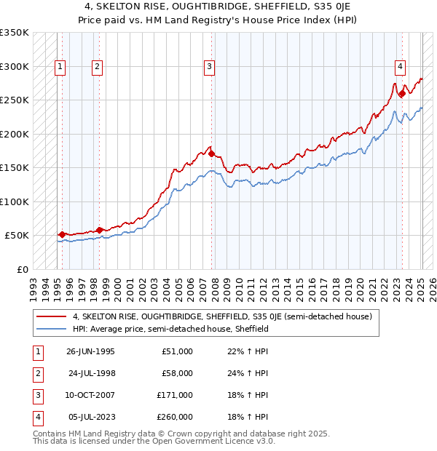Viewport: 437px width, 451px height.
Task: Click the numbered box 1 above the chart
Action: tap(60, 67)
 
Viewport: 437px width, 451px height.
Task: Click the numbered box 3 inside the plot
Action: tap(209, 67)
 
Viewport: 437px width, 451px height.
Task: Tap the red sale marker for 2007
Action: tap(212, 153)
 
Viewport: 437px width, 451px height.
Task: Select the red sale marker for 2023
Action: tap(402, 93)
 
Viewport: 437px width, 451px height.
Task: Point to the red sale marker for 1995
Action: tap(62, 234)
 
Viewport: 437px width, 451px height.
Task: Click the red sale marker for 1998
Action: tap(99, 230)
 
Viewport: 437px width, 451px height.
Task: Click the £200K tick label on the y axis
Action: tap(14, 134)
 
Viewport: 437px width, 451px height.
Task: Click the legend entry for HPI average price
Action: tap(170, 329)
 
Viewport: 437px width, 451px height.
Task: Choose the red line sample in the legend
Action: tap(52, 316)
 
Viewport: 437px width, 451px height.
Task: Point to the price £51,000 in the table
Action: tap(177, 351)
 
